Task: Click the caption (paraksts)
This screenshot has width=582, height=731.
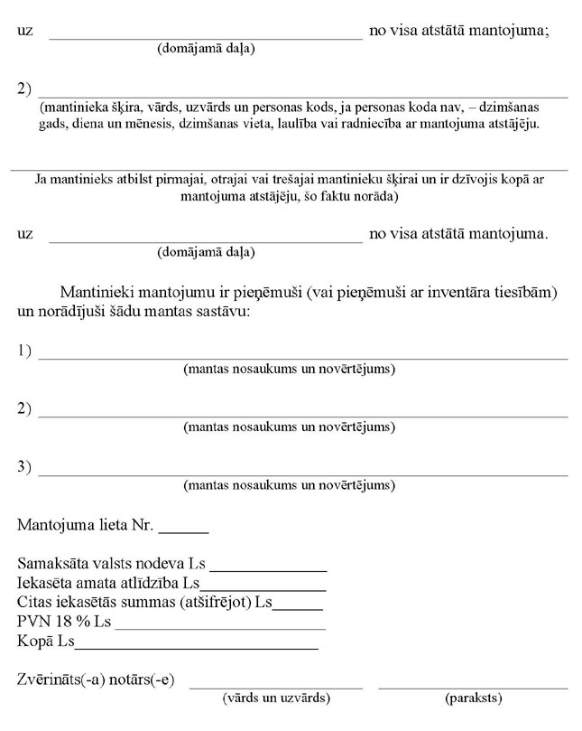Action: tap(474, 698)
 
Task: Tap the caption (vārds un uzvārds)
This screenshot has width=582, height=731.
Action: tap(275, 698)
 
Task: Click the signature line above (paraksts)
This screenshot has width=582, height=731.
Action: tap(473, 686)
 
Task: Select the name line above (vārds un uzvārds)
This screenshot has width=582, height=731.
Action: tap(275, 686)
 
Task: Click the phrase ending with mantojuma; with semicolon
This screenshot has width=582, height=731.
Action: tap(461, 29)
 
